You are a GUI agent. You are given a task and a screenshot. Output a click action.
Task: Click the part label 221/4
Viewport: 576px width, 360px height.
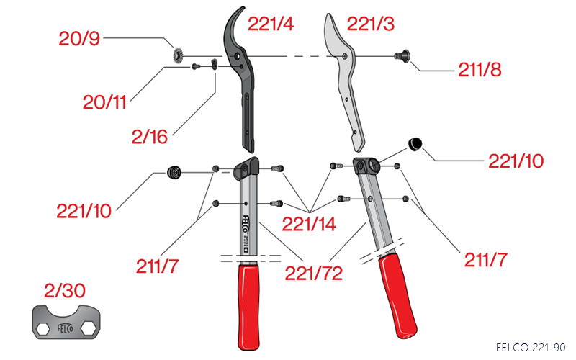271,24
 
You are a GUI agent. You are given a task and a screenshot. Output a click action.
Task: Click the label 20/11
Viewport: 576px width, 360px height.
104,103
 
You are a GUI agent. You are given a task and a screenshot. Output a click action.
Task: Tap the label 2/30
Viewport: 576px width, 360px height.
66,291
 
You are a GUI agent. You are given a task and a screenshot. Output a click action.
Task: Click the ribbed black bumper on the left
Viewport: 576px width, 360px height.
173,172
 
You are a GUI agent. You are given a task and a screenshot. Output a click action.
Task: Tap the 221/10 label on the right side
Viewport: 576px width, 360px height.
516,160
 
